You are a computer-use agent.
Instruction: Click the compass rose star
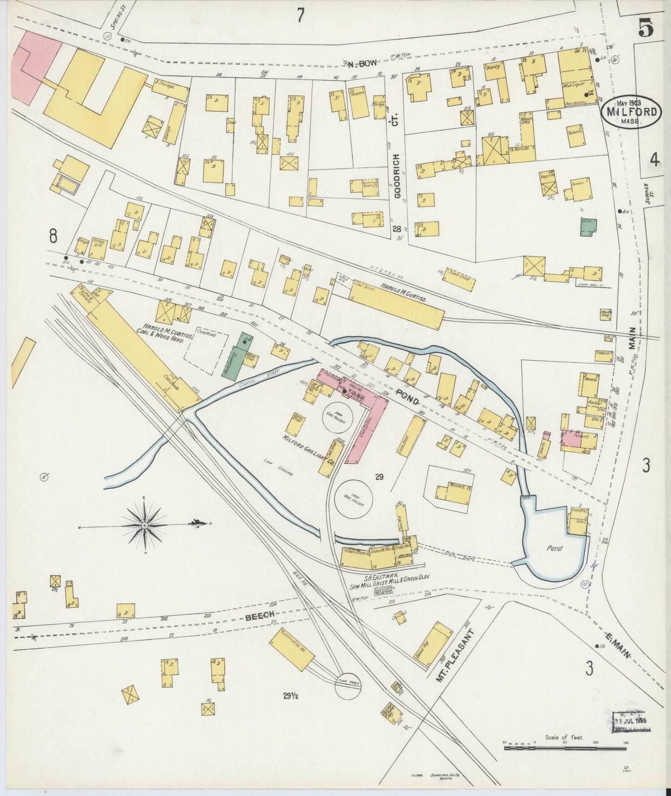[144, 525]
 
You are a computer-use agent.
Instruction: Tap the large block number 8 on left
[53, 236]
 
